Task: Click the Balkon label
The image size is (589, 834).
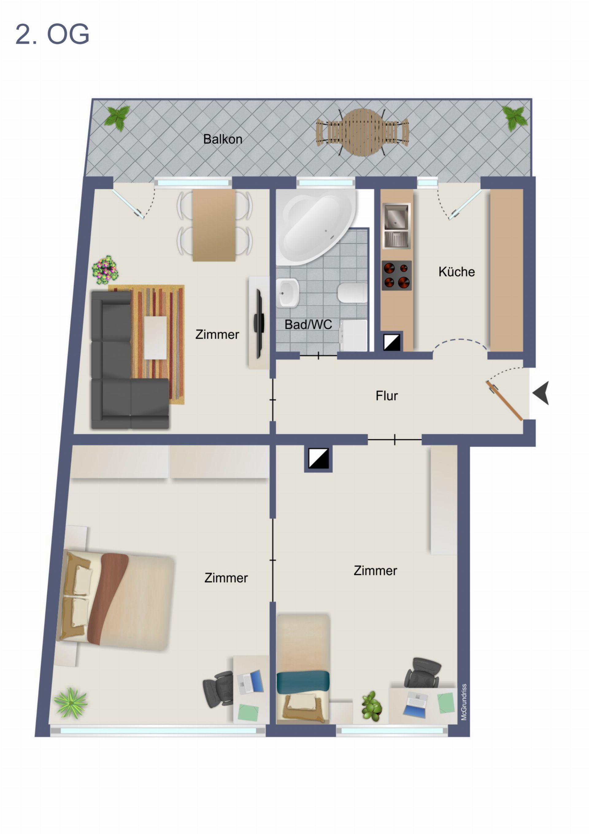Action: point(222,139)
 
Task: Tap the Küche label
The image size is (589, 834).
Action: point(456,272)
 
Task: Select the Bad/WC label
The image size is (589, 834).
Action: point(308,324)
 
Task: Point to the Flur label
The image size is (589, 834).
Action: point(387,396)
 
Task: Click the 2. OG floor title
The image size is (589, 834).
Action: point(52,34)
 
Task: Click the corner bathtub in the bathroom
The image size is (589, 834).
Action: point(315,227)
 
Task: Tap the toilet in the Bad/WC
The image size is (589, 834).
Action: point(352,293)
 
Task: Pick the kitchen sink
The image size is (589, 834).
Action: point(397,226)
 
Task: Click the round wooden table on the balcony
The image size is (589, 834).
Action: point(363,132)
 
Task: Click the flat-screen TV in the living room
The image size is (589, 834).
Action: point(259,323)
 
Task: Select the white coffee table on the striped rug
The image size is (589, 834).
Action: point(155,338)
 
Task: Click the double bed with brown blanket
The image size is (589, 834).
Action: point(115,601)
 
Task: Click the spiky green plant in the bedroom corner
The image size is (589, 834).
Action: point(71,703)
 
